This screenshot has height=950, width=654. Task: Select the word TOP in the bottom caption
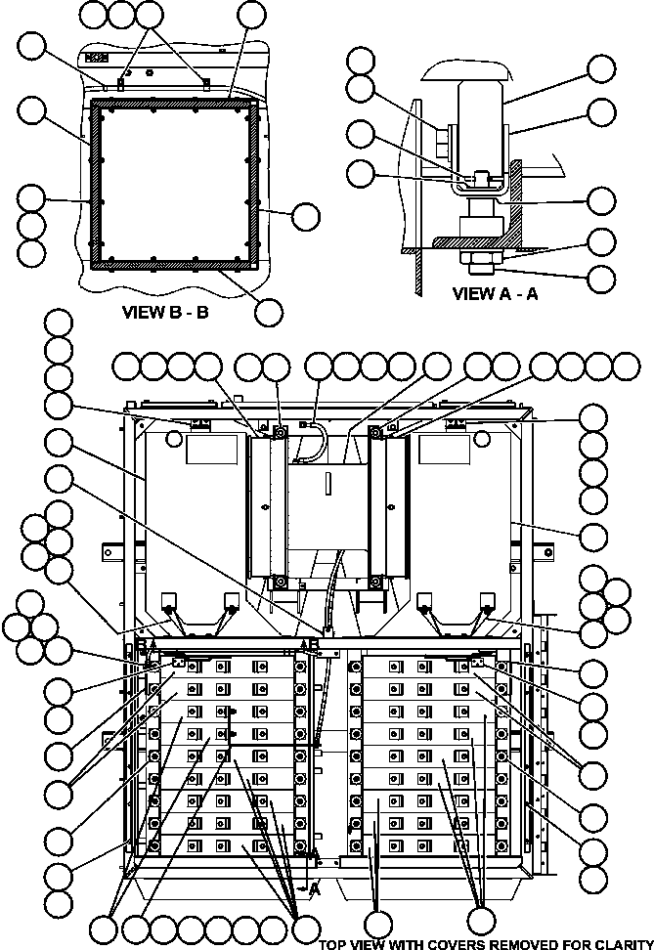pos(333,943)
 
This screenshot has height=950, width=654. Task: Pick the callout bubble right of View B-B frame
pos(306,215)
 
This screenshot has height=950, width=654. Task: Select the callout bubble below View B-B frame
pos(268,311)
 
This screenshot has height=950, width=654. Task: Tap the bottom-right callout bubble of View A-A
pos(602,277)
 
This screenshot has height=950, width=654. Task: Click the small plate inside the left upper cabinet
pos(212,449)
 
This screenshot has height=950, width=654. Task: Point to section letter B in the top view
pos(139,645)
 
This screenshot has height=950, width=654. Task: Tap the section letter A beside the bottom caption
pos(315,889)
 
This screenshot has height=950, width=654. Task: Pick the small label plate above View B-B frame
pos(97,58)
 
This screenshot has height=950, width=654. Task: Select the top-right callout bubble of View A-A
pos(602,67)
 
